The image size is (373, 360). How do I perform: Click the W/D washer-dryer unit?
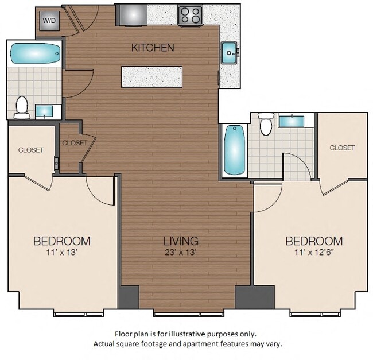coord(49,21)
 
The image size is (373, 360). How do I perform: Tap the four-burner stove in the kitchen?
coord(191,15)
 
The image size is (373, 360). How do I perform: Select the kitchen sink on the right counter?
coord(230,53)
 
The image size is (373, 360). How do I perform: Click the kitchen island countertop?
coord(151,77)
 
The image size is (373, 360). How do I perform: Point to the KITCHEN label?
coord(153,48)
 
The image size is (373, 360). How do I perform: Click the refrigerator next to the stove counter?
coord(131,15)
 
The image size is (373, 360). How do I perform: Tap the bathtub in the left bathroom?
coord(35,53)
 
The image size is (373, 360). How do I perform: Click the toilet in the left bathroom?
coord(22,107)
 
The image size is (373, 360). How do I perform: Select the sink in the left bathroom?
coord(44,111)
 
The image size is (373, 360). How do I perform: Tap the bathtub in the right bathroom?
coord(235,150)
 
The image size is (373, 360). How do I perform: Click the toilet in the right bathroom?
coord(266,124)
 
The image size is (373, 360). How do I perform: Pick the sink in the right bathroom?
coord(292,121)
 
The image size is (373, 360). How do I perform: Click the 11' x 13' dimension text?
coord(62,252)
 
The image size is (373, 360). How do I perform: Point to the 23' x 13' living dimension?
coord(181,252)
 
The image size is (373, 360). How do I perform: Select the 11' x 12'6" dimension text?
coord(313,252)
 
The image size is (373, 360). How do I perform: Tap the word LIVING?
coord(181,241)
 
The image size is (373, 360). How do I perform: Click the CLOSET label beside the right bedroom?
coord(342,148)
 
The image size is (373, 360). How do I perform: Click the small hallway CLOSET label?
coord(75,143)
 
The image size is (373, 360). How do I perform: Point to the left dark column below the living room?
coord(129,297)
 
